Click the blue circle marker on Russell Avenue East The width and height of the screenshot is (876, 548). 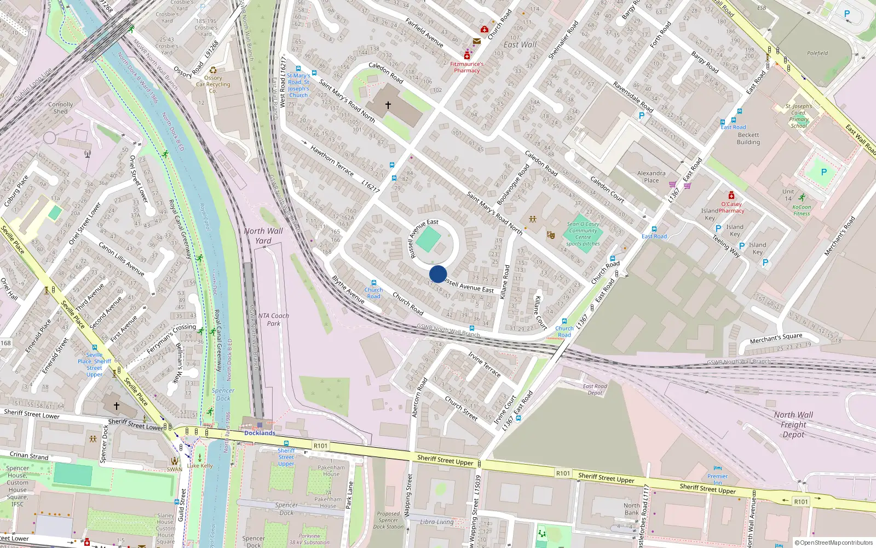click(438, 274)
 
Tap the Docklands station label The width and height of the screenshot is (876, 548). click(260, 433)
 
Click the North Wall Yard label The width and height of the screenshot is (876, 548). click(263, 236)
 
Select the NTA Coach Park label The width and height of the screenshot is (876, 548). click(273, 319)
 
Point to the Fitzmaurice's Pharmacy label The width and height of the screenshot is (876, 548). click(467, 67)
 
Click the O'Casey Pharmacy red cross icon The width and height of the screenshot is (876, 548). click(731, 196)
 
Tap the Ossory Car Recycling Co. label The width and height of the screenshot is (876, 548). click(213, 84)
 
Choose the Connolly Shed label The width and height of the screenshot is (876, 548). click(60, 108)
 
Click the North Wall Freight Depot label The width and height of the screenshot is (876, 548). click(793, 425)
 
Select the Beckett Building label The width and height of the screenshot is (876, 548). click(748, 139)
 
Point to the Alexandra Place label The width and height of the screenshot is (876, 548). click(652, 176)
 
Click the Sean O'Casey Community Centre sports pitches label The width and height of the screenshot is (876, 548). click(583, 234)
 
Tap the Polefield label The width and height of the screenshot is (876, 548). click(817, 53)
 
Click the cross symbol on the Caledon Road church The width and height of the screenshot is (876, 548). click(388, 105)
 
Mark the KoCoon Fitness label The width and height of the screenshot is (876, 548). click(802, 210)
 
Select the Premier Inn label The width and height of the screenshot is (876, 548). click(717, 480)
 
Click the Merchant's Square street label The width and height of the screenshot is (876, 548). click(776, 338)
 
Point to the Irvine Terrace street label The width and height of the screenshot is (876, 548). click(485, 364)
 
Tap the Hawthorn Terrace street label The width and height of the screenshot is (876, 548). click(332, 160)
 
